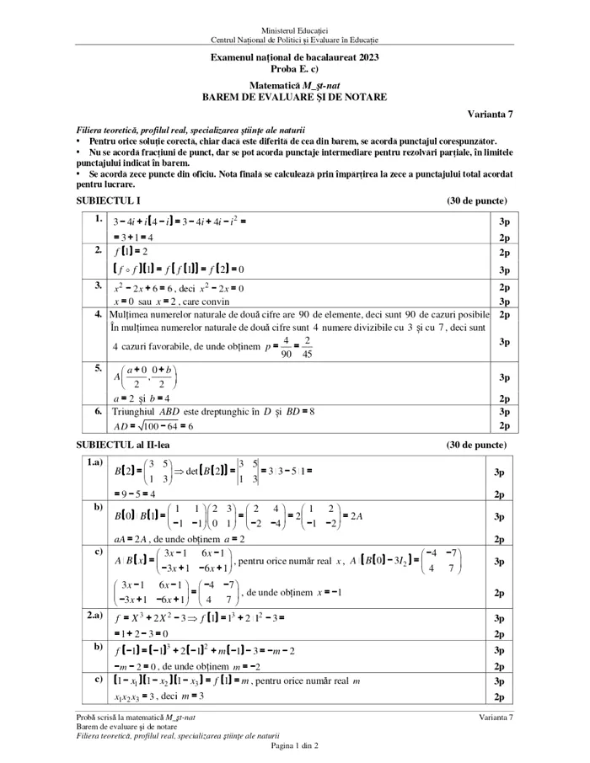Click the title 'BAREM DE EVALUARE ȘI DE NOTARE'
click(x=294, y=97)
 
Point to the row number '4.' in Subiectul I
click(x=98, y=313)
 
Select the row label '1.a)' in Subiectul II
click(x=94, y=462)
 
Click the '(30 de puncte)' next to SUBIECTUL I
click(x=476, y=201)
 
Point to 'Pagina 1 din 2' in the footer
click(x=294, y=745)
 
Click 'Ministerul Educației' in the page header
click(x=294, y=30)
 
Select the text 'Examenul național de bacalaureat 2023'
click(x=294, y=57)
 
